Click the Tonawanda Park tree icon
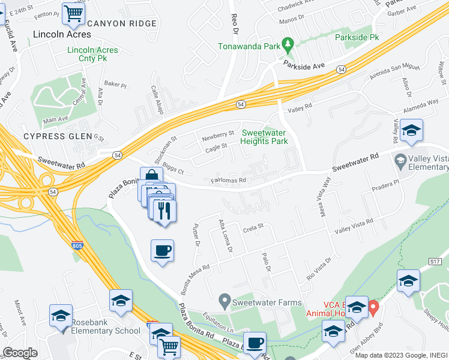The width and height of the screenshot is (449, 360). [x=288, y=43]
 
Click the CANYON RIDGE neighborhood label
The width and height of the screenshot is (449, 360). [x=122, y=24]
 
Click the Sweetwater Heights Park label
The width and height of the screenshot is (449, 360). [x=264, y=137]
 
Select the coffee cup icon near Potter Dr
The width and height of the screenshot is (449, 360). [x=162, y=250]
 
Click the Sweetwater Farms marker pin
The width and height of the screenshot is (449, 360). [x=225, y=298]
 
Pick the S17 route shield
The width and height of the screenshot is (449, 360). [x=436, y=262]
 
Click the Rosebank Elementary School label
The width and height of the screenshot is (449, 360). [x=106, y=331]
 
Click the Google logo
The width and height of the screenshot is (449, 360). [x=20, y=352]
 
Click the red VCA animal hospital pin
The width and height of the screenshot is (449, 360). [x=373, y=309]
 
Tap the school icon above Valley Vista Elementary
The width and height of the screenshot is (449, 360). [x=411, y=131]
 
